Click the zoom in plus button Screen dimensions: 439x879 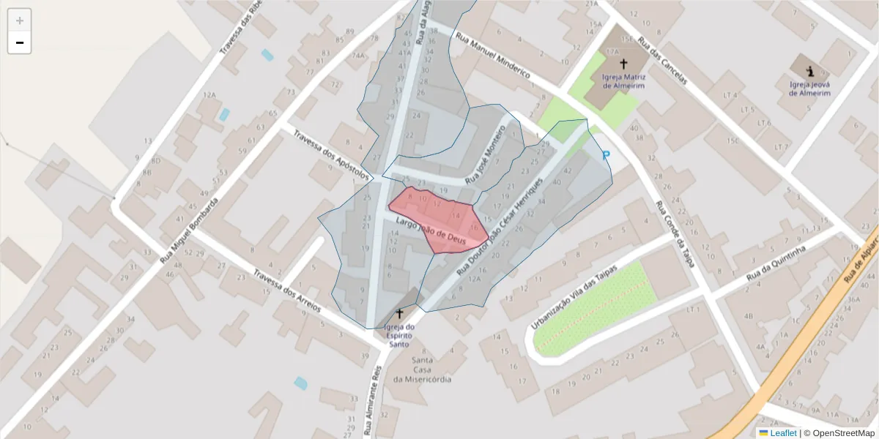click(20, 20)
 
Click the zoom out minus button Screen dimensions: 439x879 click(20, 42)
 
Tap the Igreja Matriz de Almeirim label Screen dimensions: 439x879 click(623, 80)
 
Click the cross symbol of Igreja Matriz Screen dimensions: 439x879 click(623, 64)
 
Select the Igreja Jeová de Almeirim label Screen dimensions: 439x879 click(809, 89)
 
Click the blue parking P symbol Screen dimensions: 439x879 click(606, 155)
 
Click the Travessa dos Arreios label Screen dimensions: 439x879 click(287, 291)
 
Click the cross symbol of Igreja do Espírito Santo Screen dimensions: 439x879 click(399, 313)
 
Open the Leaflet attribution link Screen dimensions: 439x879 click(782, 433)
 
